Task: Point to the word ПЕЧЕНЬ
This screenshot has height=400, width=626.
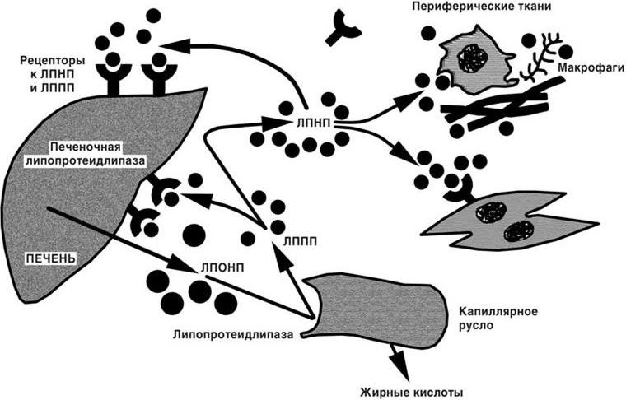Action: (51, 258)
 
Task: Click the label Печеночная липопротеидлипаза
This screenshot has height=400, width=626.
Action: (86, 155)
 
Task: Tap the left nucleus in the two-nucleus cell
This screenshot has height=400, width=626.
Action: (490, 212)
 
